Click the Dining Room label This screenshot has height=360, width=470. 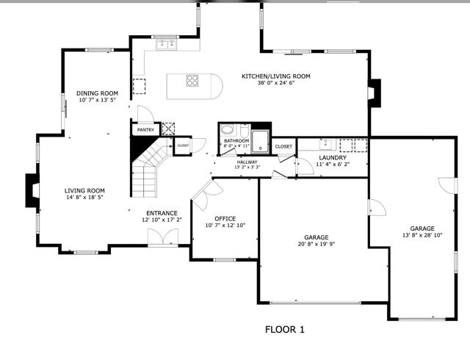pos(97,93)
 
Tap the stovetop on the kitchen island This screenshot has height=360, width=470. pos(192,80)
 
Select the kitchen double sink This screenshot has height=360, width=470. pos(167,44)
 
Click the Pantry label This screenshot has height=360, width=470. pos(145,130)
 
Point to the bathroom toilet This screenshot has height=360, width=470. pos(245,130)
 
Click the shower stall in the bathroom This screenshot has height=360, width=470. pos(260,142)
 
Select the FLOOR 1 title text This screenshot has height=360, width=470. pos(285,330)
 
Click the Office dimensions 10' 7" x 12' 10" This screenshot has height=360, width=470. pos(225,226)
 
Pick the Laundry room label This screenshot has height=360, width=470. pos(333,158)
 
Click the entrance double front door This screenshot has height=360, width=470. pos(163,237)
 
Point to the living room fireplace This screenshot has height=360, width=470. pos(32,190)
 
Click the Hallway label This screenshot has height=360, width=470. pos(247,162)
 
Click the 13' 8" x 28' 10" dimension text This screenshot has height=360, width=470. pos(422,235)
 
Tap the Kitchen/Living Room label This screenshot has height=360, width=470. pos(276,76)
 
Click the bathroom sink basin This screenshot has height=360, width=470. pos(227,130)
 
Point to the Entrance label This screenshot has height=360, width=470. pos(162,213)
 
